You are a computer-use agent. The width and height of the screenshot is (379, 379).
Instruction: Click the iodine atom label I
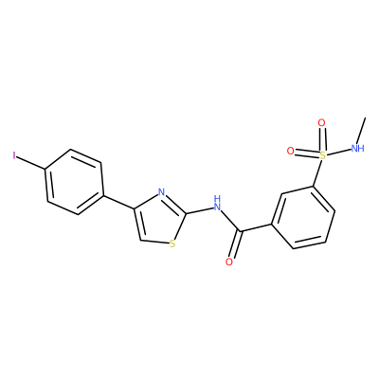[x=14, y=155]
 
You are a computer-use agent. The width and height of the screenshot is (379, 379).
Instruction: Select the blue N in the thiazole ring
[x=161, y=192]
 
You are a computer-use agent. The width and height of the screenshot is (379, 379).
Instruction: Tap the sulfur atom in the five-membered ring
[x=172, y=244]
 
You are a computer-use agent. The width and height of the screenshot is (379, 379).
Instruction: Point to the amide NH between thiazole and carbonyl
[x=217, y=204]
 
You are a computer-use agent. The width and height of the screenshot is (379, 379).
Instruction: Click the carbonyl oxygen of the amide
[x=229, y=262]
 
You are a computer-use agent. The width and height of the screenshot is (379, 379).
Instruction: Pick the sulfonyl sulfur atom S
[x=322, y=155]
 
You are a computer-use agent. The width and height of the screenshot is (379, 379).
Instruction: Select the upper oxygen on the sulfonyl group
[x=321, y=123]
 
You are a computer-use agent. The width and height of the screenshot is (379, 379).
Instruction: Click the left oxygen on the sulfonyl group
[x=290, y=151]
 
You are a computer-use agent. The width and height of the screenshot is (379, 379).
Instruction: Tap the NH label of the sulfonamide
[x=358, y=147]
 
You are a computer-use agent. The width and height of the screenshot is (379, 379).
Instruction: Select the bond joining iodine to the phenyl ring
[x=31, y=163]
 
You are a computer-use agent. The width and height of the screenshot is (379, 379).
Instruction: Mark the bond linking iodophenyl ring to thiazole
[x=119, y=202]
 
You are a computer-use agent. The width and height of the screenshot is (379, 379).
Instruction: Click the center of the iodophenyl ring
[x=75, y=182]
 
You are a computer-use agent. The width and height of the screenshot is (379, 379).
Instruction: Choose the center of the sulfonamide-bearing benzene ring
[x=303, y=217]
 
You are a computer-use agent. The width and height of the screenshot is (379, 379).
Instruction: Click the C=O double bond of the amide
[x=236, y=244]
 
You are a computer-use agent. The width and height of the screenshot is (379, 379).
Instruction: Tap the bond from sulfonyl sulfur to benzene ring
[x=317, y=173]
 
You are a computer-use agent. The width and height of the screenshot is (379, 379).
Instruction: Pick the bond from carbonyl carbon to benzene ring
[x=257, y=228]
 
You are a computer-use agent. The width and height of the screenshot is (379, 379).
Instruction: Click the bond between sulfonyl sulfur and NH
[x=338, y=152]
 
